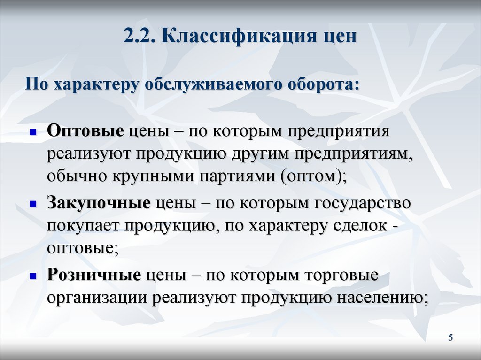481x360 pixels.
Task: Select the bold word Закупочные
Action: click(x=98, y=203)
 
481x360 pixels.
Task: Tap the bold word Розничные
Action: click(x=93, y=276)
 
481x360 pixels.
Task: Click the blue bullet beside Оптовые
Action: click(x=33, y=133)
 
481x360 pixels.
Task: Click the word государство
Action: click(x=361, y=203)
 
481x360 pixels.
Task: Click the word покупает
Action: click(x=83, y=226)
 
